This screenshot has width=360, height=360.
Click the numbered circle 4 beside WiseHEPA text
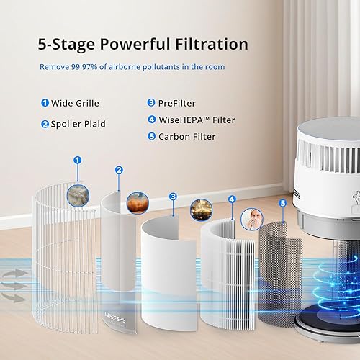[x=152, y=120]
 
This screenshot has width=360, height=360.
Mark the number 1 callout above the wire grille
[x=78, y=161]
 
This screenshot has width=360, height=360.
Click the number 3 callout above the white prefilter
[x=173, y=196]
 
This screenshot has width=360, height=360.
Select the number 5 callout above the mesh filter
[x=283, y=204]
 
